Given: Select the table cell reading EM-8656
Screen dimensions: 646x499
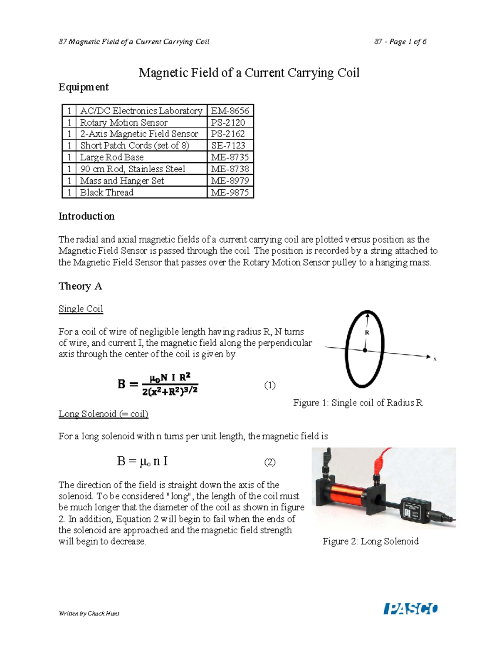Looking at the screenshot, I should pyautogui.click(x=230, y=111).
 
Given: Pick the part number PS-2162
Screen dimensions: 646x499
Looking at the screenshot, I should pyautogui.click(x=228, y=134).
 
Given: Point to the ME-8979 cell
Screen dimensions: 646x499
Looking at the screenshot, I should pyautogui.click(x=230, y=181).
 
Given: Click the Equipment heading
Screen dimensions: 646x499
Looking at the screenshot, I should pyautogui.click(x=83, y=87).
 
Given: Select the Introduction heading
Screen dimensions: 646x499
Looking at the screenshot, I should pyautogui.click(x=86, y=216).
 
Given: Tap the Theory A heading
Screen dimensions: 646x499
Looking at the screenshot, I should pyautogui.click(x=80, y=286).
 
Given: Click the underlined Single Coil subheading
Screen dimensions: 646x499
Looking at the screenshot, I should pyautogui.click(x=81, y=309).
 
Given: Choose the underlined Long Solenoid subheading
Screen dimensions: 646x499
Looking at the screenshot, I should pyautogui.click(x=103, y=414).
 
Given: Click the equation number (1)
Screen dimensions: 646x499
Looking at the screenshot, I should pyautogui.click(x=270, y=385).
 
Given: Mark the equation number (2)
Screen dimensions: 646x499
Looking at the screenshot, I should pyautogui.click(x=270, y=462).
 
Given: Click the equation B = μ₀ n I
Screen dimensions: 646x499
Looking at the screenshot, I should pyautogui.click(x=142, y=461).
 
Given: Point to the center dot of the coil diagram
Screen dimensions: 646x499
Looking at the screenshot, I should pyautogui.click(x=365, y=351).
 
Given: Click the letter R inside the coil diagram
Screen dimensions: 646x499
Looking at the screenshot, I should pyautogui.click(x=367, y=332).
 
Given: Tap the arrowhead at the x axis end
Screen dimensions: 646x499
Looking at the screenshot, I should pyautogui.click(x=428, y=357).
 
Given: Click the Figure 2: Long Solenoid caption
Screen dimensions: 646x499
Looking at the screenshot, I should pyautogui.click(x=370, y=541).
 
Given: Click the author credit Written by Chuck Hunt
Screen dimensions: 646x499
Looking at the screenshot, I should pyautogui.click(x=89, y=613).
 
